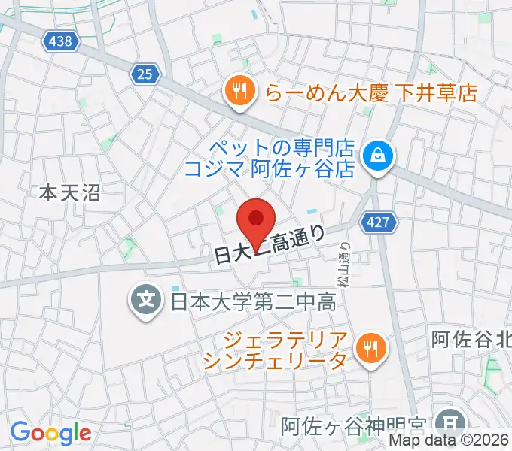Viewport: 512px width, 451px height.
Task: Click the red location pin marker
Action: [256, 220]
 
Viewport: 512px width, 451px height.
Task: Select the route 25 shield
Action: [145, 74]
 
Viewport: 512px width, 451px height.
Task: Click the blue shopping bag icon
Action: [373, 156]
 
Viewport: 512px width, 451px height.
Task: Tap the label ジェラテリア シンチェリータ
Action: [276, 349]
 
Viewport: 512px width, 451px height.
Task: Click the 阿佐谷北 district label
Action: [471, 340]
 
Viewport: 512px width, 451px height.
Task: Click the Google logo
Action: [50, 433]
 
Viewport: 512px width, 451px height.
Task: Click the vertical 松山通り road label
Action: [345, 260]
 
